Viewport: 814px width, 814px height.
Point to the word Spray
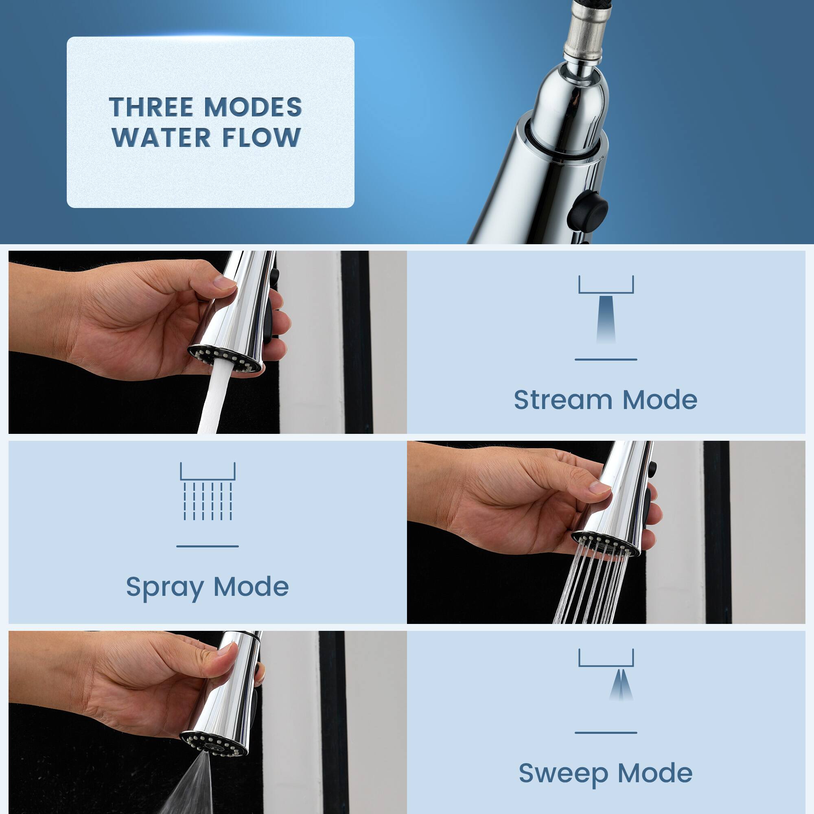[x=165, y=587]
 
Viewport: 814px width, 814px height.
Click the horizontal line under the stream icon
[x=606, y=359]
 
